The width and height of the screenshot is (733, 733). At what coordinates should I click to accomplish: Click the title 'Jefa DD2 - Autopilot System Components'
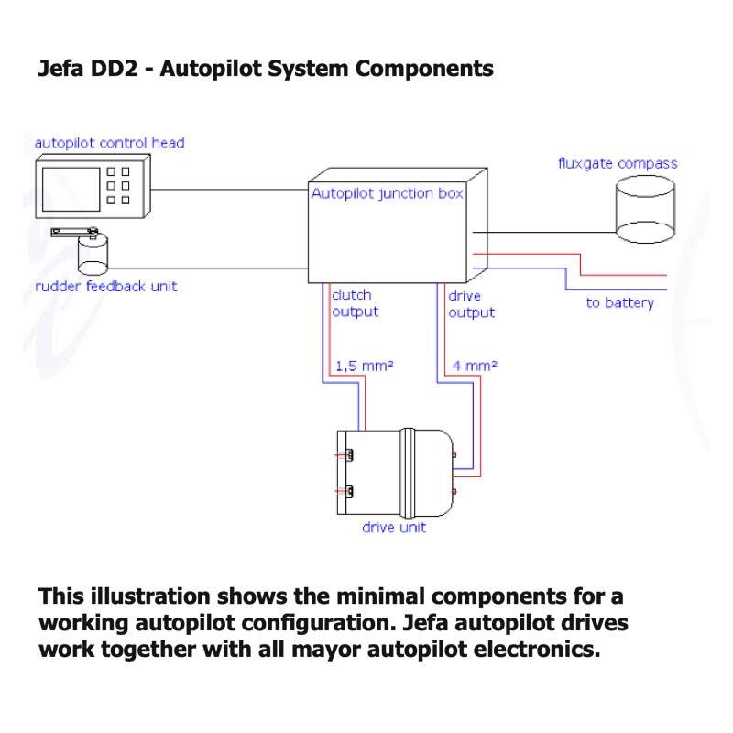266,69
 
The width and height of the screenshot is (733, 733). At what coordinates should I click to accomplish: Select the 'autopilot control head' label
109,143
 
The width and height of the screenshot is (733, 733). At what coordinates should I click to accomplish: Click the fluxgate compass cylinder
645,210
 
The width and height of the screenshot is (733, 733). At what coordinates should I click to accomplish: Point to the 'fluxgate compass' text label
618,164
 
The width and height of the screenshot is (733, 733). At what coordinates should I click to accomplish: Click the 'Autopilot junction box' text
387,193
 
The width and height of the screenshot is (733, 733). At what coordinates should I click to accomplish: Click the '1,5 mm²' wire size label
365,365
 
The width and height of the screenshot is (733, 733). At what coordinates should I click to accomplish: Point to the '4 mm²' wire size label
475,365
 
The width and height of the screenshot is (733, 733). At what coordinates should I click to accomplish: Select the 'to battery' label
620,303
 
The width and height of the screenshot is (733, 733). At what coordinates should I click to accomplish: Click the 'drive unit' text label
394,528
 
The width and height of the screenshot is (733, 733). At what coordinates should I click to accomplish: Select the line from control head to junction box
229,191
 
